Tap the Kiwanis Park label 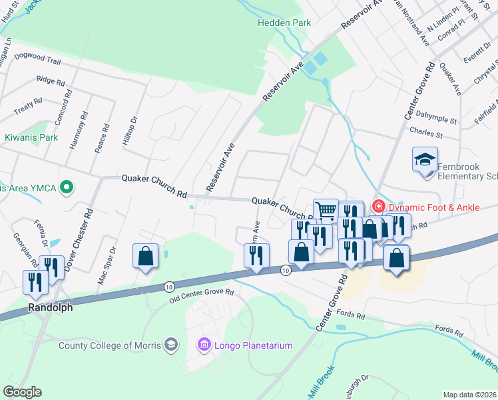(x=31, y=138)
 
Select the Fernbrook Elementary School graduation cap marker (x=425, y=160)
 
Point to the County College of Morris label (x=110, y=345)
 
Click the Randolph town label (x=50, y=308)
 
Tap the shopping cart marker (x=326, y=210)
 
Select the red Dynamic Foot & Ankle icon (x=379, y=207)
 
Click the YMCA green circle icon (x=66, y=187)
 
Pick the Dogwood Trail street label (x=37, y=61)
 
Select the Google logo (x=22, y=392)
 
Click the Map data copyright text (x=469, y=395)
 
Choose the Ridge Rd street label (x=51, y=81)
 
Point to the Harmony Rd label (x=85, y=124)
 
